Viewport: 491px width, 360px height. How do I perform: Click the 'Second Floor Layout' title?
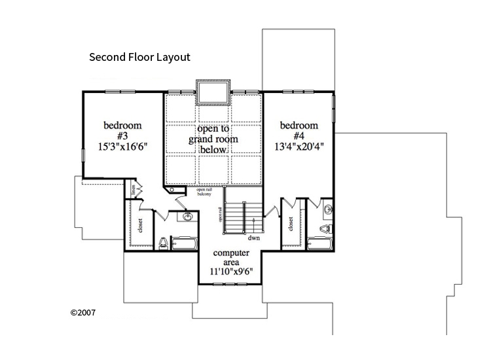pyautogui.click(x=139, y=57)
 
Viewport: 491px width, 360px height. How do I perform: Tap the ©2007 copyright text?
pyautogui.click(x=83, y=312)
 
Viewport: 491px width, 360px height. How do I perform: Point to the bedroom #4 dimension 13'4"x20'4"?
pyautogui.click(x=299, y=147)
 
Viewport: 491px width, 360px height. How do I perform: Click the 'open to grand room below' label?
pyautogui.click(x=213, y=139)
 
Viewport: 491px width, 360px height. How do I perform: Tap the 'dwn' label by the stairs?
pyautogui.click(x=254, y=238)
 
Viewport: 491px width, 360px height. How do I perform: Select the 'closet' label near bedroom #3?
pyautogui.click(x=141, y=224)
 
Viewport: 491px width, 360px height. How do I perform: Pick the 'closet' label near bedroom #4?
pyautogui.click(x=289, y=224)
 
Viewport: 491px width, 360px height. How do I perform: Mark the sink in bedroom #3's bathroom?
pyautogui.click(x=187, y=217)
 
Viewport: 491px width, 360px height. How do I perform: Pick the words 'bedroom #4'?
pyautogui.click(x=299, y=131)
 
